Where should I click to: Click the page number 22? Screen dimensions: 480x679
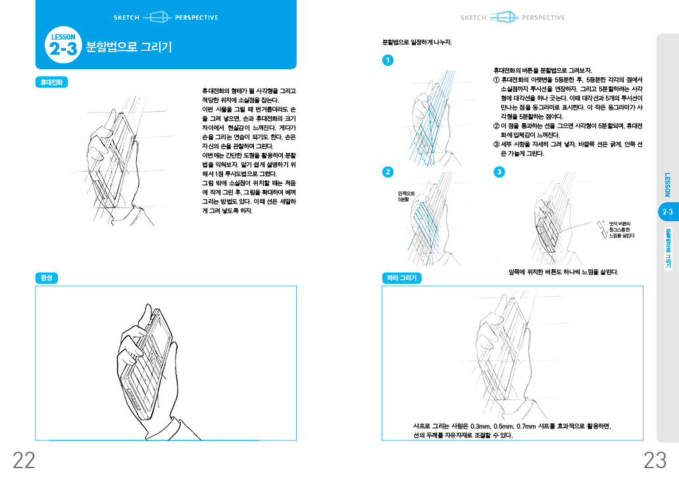click(24, 461)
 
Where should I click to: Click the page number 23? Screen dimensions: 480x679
click(655, 461)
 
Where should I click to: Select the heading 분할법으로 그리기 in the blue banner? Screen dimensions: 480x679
click(129, 47)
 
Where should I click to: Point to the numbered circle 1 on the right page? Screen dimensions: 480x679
click(388, 61)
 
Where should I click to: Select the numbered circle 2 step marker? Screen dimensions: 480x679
click(388, 172)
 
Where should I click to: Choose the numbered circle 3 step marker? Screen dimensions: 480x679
click(499, 172)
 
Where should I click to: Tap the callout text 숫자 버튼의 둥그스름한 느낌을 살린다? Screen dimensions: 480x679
click(622, 229)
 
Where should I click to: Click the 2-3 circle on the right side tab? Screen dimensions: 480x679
click(667, 212)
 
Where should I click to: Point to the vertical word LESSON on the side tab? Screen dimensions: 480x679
click(667, 185)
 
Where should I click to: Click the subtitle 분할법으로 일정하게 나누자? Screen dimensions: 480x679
click(417, 42)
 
